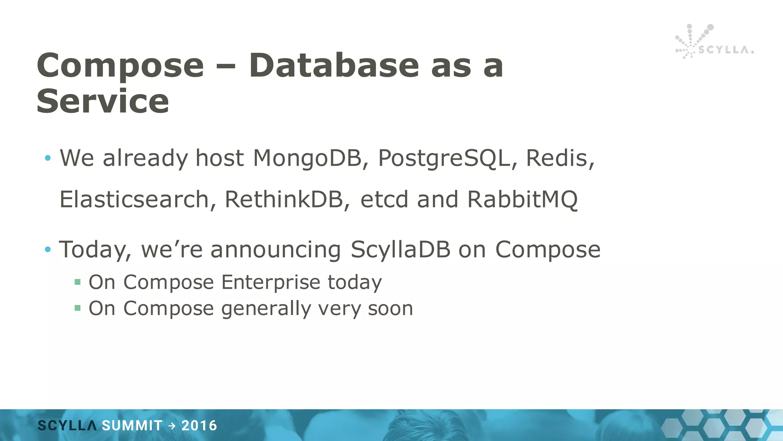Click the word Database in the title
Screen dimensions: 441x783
pos(335,65)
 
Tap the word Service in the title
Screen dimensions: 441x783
pos(102,101)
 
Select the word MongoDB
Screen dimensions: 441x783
pos(307,158)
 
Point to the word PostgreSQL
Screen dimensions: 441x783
pos(444,158)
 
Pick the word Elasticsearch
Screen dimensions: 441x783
pos(134,199)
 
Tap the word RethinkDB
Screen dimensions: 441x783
pos(284,199)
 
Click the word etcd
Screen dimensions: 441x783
pos(384,199)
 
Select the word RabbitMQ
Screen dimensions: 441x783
pos(522,199)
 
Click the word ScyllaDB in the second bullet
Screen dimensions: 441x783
pos(400,250)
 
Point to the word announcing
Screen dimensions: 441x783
pos(275,250)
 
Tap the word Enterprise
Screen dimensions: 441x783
pos(271,283)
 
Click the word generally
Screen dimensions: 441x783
pos(266,309)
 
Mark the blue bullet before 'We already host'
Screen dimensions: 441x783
pos(48,158)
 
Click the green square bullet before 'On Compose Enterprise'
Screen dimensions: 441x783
pos(78,283)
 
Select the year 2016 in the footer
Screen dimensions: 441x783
pos(199,426)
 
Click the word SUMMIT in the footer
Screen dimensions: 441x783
pos(132,426)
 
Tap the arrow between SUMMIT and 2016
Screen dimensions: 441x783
pos(172,426)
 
